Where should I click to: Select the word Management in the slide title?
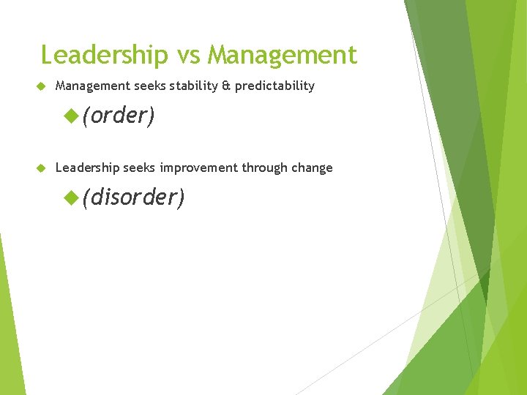click(x=283, y=56)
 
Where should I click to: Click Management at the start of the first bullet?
click(x=93, y=86)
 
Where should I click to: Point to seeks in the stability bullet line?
click(x=151, y=86)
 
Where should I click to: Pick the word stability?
click(x=194, y=86)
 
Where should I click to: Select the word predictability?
click(x=274, y=86)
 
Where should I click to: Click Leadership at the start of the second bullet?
click(x=87, y=168)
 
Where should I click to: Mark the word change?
click(x=313, y=168)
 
